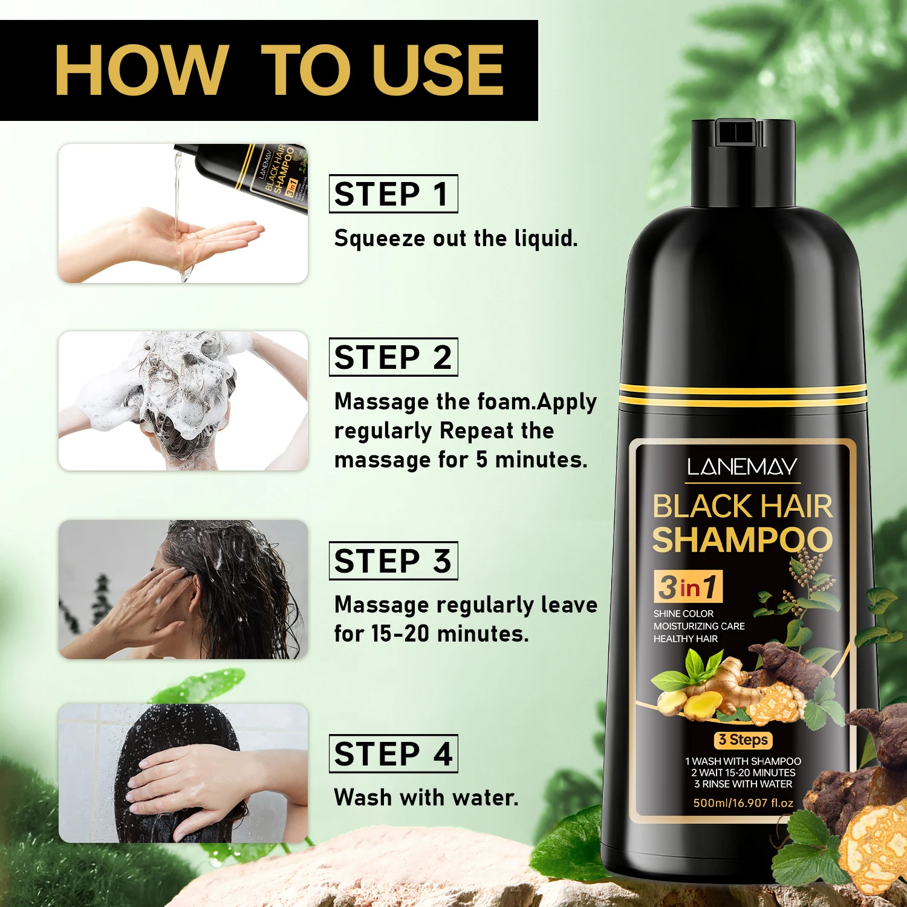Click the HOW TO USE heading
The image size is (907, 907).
pyautogui.click(x=279, y=70)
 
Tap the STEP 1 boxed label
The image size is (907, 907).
pyautogui.click(x=393, y=193)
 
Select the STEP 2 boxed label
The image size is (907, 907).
pyautogui.click(x=393, y=357)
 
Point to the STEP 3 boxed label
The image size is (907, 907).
pyautogui.click(x=393, y=561)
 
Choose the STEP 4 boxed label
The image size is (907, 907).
pyautogui.click(x=393, y=753)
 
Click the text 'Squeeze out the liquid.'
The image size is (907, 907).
pyautogui.click(x=456, y=238)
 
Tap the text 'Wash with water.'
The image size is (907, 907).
pyautogui.click(x=426, y=798)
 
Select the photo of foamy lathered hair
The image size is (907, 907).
pyautogui.click(x=183, y=401)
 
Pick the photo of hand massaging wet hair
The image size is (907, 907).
pyautogui.click(x=183, y=590)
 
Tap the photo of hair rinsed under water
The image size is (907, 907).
pyautogui.click(x=183, y=773)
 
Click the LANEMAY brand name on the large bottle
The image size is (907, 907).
pyautogui.click(x=742, y=467)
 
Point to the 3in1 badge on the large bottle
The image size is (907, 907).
pyautogui.click(x=688, y=587)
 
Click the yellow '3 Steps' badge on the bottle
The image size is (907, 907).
pyautogui.click(x=743, y=740)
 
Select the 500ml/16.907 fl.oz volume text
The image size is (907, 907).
pyautogui.click(x=743, y=803)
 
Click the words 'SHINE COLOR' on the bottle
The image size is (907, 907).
pyautogui.click(x=683, y=614)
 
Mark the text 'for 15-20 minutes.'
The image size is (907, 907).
pyautogui.click(x=432, y=634)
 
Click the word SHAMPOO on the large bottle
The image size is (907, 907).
pyautogui.click(x=743, y=540)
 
